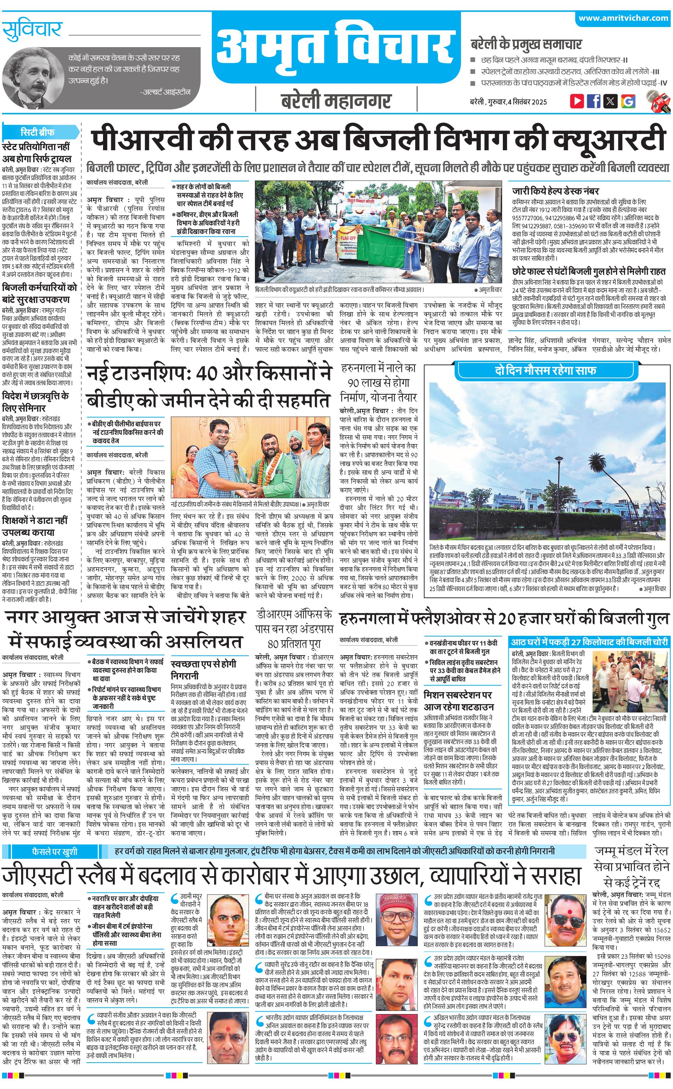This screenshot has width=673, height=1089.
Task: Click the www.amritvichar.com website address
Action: click(x=623, y=18)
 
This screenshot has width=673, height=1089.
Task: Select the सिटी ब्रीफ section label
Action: click(x=38, y=132)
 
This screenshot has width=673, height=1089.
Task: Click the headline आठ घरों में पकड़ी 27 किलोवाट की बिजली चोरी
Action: click(x=589, y=642)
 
